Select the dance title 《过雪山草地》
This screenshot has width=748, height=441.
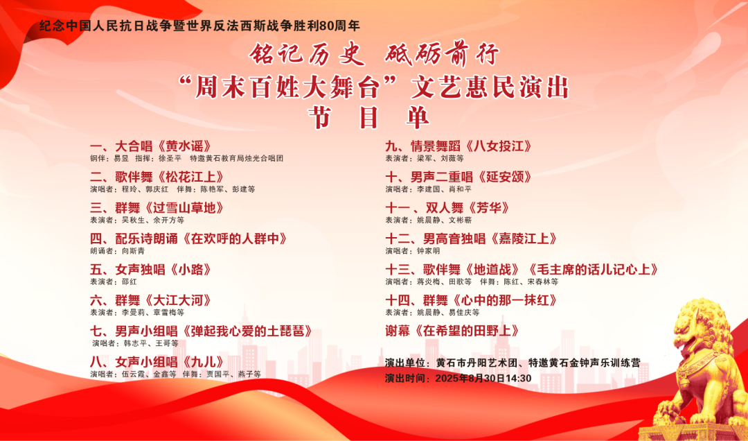[183, 208]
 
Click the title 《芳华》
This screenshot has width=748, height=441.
[486, 208]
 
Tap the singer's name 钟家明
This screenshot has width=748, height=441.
[429, 251]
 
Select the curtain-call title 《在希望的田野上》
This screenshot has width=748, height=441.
[465, 331]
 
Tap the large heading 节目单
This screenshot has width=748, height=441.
[368, 117]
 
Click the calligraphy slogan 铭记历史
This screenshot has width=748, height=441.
[307, 55]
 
